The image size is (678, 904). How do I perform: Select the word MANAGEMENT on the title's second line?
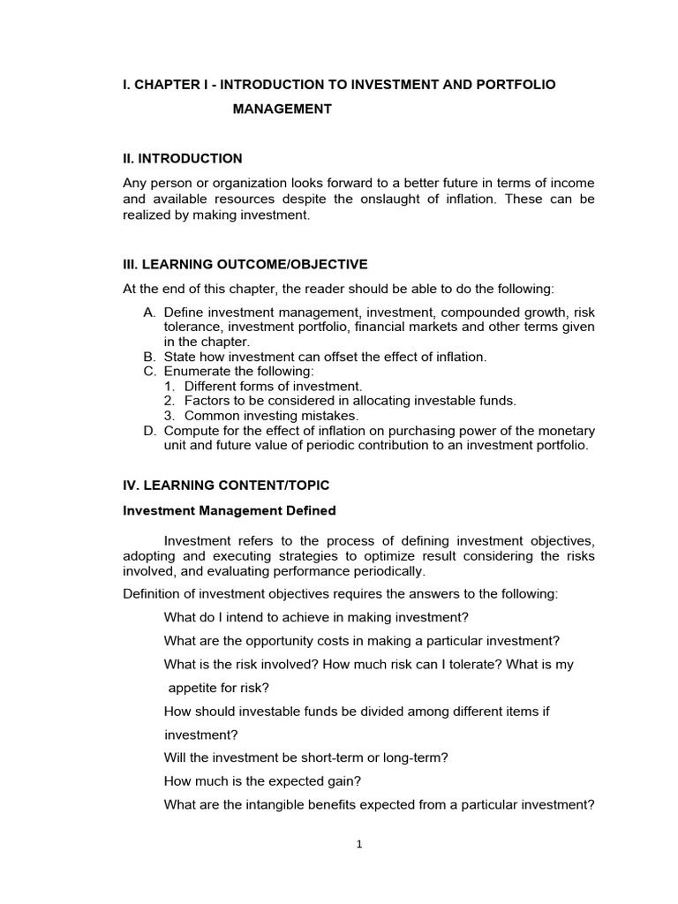[x=282, y=109]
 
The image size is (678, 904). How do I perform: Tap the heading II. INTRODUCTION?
[x=182, y=159]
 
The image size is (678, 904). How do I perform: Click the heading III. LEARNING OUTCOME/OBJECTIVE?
[x=245, y=265]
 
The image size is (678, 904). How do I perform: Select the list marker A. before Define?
[x=148, y=313]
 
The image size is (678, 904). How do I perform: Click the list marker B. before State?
[x=148, y=357]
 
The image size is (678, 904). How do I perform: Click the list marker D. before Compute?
[x=148, y=431]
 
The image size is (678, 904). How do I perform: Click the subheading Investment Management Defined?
[x=229, y=511]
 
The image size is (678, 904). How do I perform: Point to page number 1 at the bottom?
[x=359, y=844]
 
